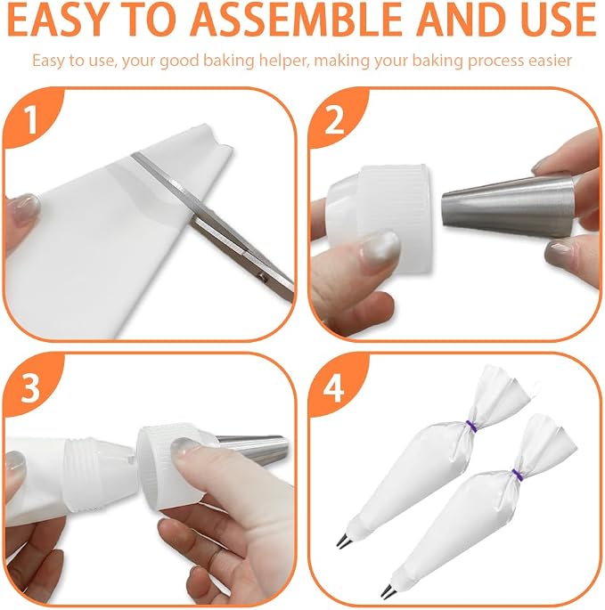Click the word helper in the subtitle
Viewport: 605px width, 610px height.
point(284,61)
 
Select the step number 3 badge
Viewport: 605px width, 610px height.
point(30,388)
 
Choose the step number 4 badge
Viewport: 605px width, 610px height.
point(334,388)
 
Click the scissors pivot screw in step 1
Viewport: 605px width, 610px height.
point(263,277)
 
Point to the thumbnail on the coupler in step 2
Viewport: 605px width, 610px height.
point(380,247)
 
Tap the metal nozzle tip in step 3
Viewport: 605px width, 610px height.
point(253,450)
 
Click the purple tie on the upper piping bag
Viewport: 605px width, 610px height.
point(472,426)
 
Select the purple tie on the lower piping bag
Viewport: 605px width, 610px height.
point(518,475)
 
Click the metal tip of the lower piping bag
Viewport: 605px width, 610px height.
point(388,590)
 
